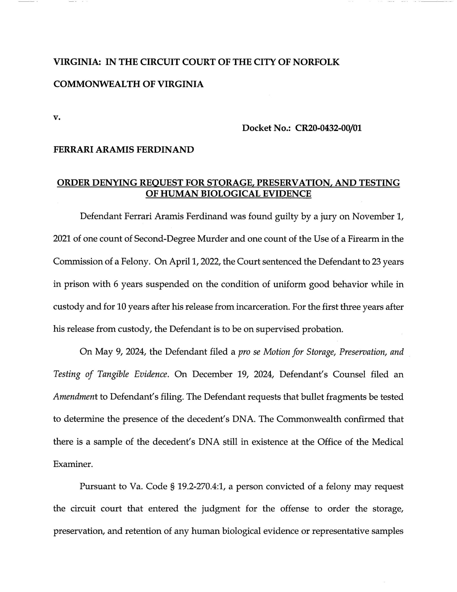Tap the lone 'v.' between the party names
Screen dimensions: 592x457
(x=57, y=117)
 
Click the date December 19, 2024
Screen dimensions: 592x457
(x=234, y=374)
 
